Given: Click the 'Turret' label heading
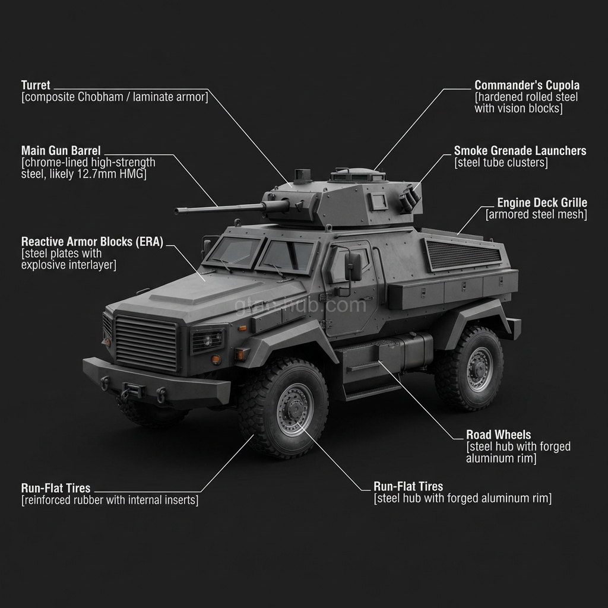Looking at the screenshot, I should pyautogui.click(x=36, y=85).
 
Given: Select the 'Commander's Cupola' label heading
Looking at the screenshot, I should pyautogui.click(x=527, y=85).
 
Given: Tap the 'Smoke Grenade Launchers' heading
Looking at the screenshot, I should pyautogui.click(x=520, y=151).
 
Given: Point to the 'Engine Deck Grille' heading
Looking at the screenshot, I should pyautogui.click(x=541, y=202).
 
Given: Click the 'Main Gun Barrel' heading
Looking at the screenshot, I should pyautogui.click(x=61, y=150).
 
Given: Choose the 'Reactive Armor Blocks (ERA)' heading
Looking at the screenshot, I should pyautogui.click(x=92, y=242).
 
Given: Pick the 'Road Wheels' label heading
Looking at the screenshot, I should pyautogui.click(x=498, y=435).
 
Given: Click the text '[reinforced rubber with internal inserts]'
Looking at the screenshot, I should pyautogui.click(x=110, y=501).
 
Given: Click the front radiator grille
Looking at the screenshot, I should pyautogui.click(x=145, y=343).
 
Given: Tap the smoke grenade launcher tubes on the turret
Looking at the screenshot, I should pyautogui.click(x=409, y=198).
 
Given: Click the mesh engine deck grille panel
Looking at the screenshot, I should pyautogui.click(x=463, y=254).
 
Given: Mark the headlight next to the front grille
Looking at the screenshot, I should pyautogui.click(x=206, y=340).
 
